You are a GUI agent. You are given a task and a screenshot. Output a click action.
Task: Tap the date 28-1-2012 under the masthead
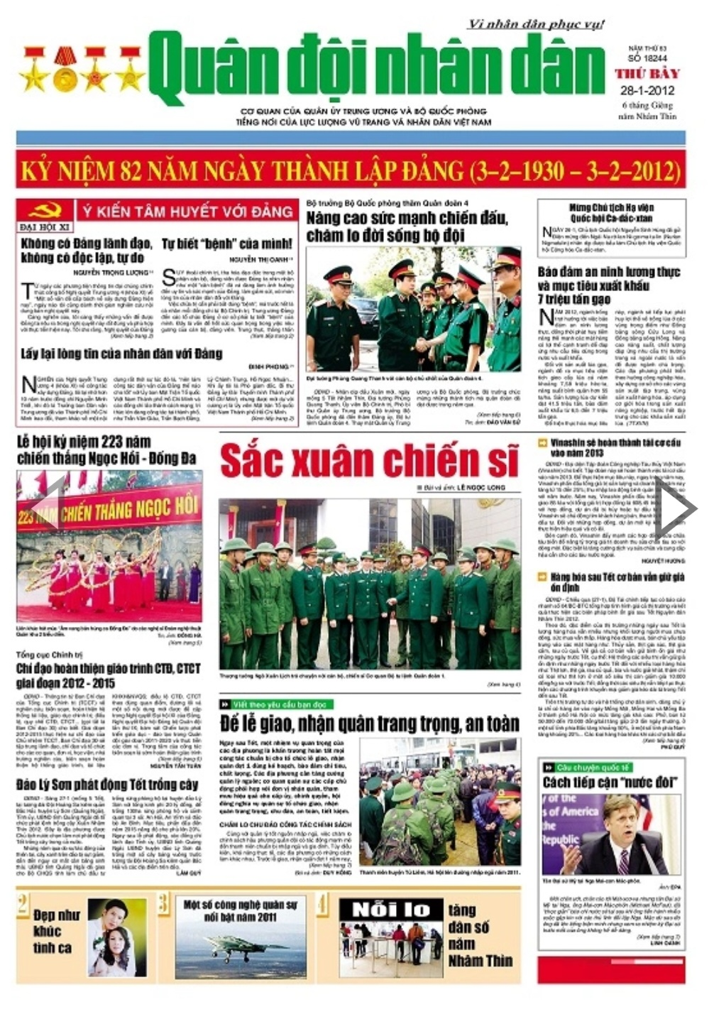point(647,91)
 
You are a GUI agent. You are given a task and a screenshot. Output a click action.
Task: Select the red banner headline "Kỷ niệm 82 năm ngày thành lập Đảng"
point(351,171)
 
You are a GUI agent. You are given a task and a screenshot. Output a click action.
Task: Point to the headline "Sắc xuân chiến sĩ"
point(370,461)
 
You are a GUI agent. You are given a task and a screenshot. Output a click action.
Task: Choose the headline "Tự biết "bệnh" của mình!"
point(227,244)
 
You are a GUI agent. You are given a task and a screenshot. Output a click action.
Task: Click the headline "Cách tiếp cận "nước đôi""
point(610,783)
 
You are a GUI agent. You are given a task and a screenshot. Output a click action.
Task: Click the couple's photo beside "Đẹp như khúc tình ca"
point(117,937)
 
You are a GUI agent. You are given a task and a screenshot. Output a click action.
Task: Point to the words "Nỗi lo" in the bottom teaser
point(391,910)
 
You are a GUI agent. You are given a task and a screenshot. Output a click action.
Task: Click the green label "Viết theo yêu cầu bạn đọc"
point(281,704)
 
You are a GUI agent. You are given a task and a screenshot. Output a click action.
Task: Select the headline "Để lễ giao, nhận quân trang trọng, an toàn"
point(370,724)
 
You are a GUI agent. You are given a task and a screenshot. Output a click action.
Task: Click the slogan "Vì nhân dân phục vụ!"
point(535,24)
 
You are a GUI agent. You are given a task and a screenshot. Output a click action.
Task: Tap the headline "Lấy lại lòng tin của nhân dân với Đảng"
point(121,354)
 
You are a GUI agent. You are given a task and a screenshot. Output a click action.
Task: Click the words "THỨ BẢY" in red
point(647,74)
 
